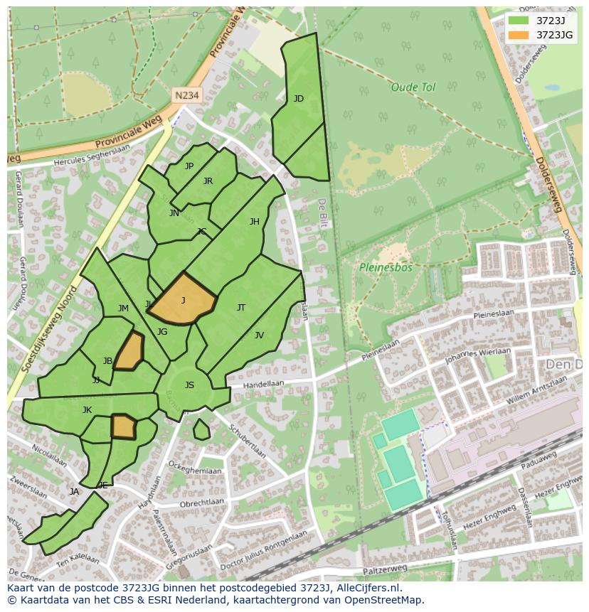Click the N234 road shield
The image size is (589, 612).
pos(186,95)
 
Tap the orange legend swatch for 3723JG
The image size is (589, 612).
pos(519,35)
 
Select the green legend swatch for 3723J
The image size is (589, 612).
pos(519,20)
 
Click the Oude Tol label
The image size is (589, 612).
pos(413,87)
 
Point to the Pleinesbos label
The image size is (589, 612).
pos(386,268)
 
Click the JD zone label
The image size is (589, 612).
pos(299,99)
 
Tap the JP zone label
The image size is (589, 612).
pos(189,166)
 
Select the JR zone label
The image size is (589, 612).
pos(208,181)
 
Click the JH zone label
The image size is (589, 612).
pos(254,222)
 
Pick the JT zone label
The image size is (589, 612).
pos(241,308)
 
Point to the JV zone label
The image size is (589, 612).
pos(259,335)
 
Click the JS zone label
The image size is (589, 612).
pos(189,385)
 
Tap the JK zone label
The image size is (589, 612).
pos(87,410)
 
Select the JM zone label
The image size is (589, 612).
pos(123,308)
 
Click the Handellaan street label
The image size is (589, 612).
pos(263,384)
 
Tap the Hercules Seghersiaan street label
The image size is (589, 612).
pos(92,159)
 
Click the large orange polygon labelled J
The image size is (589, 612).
pos(182,300)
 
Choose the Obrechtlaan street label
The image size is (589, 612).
pos(202,504)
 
